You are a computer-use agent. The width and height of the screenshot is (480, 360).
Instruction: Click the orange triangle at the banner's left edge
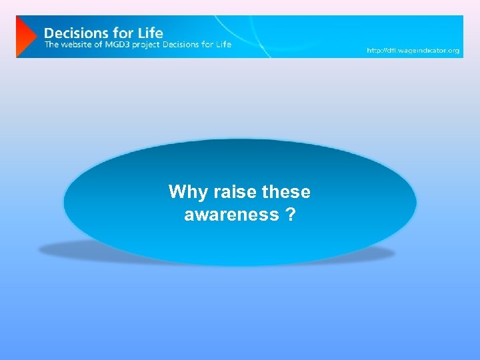coord(25,37)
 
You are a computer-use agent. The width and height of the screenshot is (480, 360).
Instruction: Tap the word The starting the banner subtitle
coord(52,45)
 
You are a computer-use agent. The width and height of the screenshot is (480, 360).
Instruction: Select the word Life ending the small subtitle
coord(224,45)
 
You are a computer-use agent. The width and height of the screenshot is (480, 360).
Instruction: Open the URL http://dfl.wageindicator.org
coord(413,50)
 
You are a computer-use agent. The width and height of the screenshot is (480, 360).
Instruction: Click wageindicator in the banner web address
coord(423,50)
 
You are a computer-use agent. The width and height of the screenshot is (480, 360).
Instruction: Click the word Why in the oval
coord(181,192)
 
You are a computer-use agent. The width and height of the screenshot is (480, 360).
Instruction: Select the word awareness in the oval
coord(231,215)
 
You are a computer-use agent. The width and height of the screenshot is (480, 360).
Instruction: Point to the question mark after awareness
coord(291,215)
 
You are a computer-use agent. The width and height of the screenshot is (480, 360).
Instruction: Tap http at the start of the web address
coord(373,50)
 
